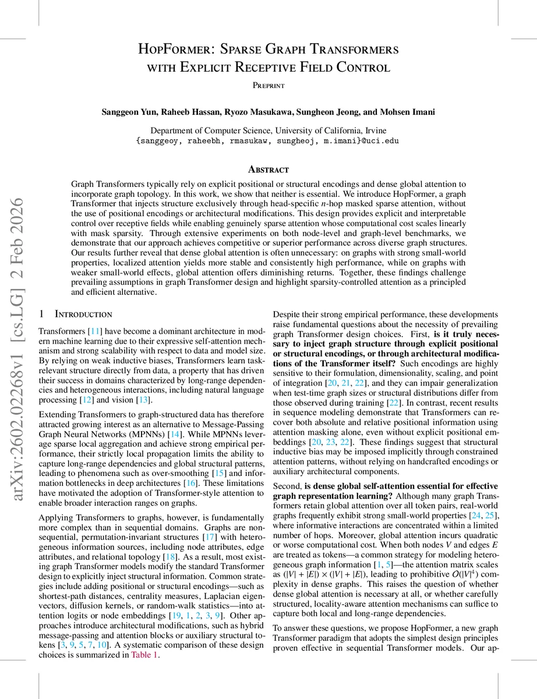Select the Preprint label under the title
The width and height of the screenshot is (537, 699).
(x=268, y=85)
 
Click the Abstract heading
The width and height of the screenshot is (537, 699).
(x=268, y=170)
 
